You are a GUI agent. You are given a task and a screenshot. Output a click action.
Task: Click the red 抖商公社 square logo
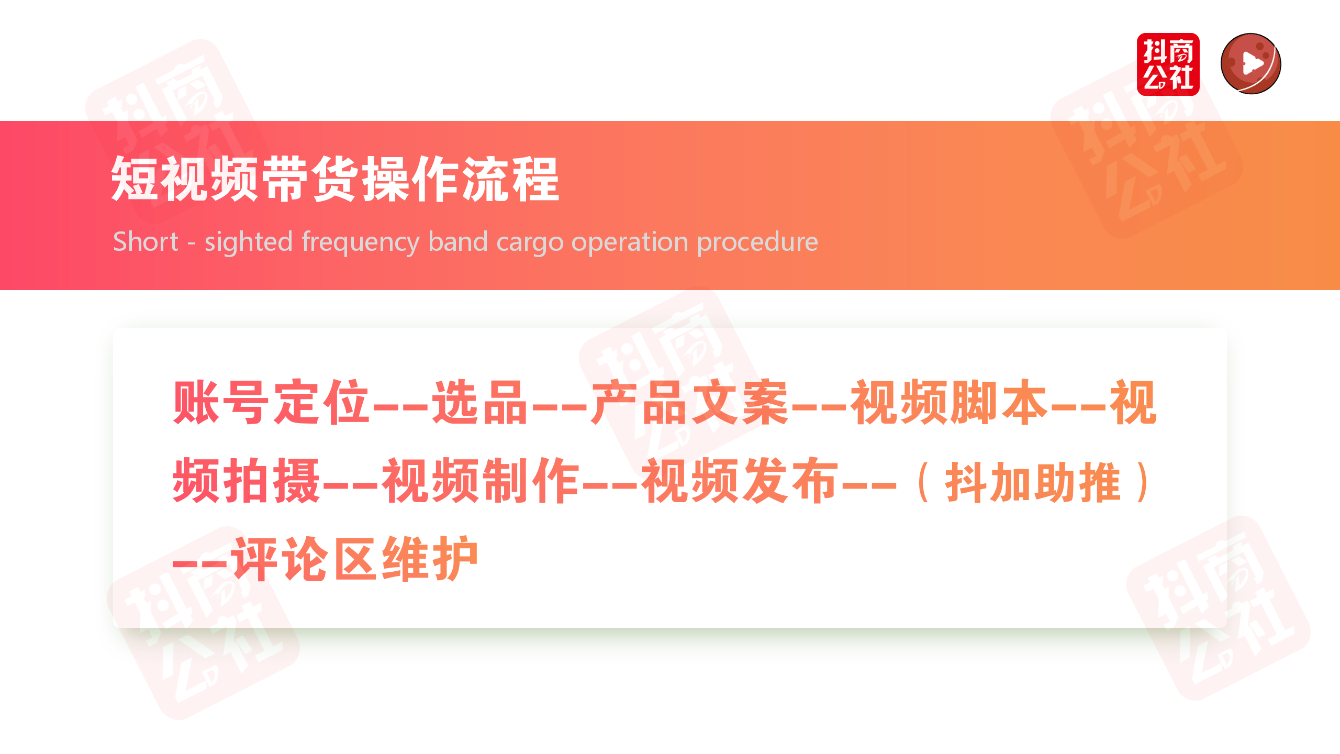click(x=1168, y=64)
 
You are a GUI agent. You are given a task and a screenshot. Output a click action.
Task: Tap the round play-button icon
click(x=1250, y=64)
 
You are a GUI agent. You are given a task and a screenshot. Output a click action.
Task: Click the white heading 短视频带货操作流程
click(x=335, y=179)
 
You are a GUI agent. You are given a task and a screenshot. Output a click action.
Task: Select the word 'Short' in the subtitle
click(x=146, y=242)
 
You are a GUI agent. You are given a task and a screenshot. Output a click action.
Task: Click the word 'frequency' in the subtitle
click(x=361, y=242)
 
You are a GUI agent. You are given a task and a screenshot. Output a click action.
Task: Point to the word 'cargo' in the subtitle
click(x=529, y=242)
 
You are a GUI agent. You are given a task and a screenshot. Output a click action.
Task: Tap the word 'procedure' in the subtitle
click(x=757, y=242)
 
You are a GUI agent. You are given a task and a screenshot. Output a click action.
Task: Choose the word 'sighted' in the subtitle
click(x=248, y=242)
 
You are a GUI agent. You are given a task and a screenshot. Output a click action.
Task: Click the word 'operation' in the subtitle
click(x=630, y=242)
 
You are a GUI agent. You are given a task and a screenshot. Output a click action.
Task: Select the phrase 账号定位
click(x=271, y=402)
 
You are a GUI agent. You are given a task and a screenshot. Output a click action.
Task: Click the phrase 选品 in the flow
click(x=478, y=402)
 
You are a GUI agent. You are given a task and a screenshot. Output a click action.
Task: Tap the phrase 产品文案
click(x=689, y=402)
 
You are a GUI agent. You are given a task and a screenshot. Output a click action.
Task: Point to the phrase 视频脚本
click(x=948, y=402)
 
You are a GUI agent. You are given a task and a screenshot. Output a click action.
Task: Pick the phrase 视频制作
click(x=480, y=480)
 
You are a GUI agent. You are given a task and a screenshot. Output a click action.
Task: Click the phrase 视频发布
click(x=740, y=480)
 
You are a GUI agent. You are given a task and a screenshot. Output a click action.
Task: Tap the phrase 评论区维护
click(x=355, y=559)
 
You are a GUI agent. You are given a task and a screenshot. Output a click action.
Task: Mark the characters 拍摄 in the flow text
click(x=272, y=480)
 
